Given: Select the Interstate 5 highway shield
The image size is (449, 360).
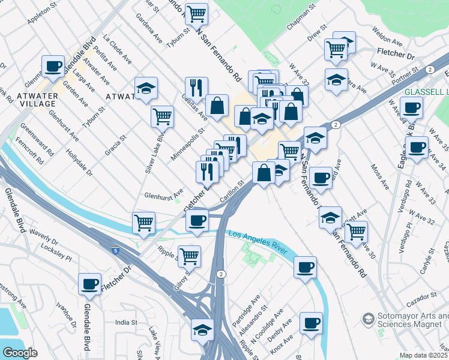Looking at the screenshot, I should pos(114,248).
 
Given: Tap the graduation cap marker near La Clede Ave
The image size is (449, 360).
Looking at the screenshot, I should pos(146,89).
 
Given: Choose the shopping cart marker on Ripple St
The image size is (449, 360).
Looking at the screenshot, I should pos(190,256).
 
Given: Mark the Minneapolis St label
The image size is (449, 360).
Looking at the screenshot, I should pos(187,138).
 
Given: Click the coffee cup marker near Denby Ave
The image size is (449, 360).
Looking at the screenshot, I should pos(310,323).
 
